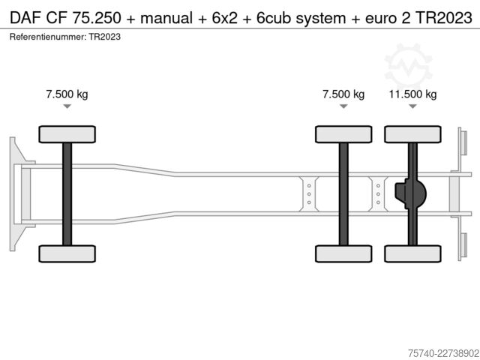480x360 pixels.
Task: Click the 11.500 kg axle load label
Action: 412,94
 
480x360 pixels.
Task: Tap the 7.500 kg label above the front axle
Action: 67,94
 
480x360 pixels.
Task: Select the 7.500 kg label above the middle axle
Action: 343,94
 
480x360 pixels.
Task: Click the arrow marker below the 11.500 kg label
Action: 412,106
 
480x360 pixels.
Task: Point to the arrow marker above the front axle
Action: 67,106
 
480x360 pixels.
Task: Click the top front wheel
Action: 67,134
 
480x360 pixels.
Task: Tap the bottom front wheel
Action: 67,253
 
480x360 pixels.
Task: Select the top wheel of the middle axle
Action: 343,134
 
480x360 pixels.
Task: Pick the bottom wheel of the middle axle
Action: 343,253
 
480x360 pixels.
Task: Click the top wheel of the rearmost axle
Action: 412,134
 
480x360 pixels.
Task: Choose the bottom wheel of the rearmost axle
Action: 412,253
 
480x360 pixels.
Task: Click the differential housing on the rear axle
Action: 411,194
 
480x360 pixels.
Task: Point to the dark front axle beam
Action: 67,194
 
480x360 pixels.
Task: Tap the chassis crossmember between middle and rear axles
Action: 378,194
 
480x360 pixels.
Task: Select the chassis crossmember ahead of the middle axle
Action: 309,194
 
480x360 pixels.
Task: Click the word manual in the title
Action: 166,18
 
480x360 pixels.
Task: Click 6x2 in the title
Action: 225,18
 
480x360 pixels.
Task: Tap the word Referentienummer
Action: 47,37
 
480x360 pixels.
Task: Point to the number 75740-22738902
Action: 443,353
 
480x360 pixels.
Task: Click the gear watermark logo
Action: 408,67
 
